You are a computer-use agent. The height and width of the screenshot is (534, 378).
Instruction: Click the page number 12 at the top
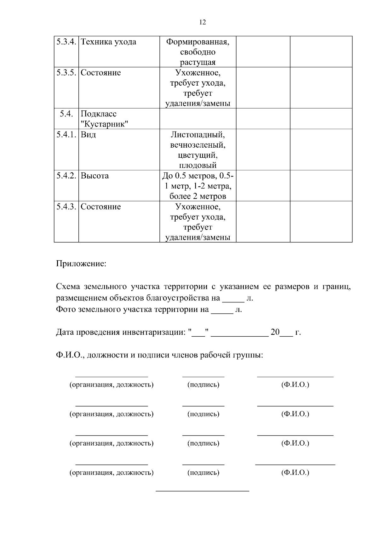pyautogui.click(x=203, y=22)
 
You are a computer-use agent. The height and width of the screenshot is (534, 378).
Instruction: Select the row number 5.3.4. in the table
pyautogui.click(x=66, y=42)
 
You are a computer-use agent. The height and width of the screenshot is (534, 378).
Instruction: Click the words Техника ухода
pyautogui.click(x=108, y=42)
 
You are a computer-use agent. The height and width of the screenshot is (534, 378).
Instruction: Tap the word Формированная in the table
pyautogui.click(x=198, y=42)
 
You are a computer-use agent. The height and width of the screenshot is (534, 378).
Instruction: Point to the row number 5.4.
pyautogui.click(x=66, y=114)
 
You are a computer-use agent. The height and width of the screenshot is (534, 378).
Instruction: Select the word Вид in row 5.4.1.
pyautogui.click(x=88, y=135)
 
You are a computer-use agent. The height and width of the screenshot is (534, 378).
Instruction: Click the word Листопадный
pyautogui.click(x=198, y=135)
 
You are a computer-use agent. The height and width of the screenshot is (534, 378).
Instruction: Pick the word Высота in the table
pyautogui.click(x=94, y=176)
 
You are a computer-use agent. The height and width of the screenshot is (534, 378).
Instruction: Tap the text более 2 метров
pyautogui.click(x=198, y=196)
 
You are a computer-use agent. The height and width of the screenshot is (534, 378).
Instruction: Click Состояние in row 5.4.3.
pyautogui.click(x=100, y=207)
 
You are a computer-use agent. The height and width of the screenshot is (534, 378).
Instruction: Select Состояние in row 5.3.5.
pyautogui.click(x=100, y=73)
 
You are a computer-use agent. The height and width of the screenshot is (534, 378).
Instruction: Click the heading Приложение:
pyautogui.click(x=81, y=263)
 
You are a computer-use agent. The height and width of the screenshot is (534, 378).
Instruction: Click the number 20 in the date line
pyautogui.click(x=275, y=332)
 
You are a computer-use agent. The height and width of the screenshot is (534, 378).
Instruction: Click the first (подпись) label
pyautogui.click(x=203, y=385)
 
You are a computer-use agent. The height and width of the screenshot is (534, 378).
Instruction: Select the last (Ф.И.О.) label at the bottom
pyautogui.click(x=295, y=472)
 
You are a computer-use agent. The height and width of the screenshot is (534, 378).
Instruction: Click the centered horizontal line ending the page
pyautogui.click(x=203, y=491)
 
